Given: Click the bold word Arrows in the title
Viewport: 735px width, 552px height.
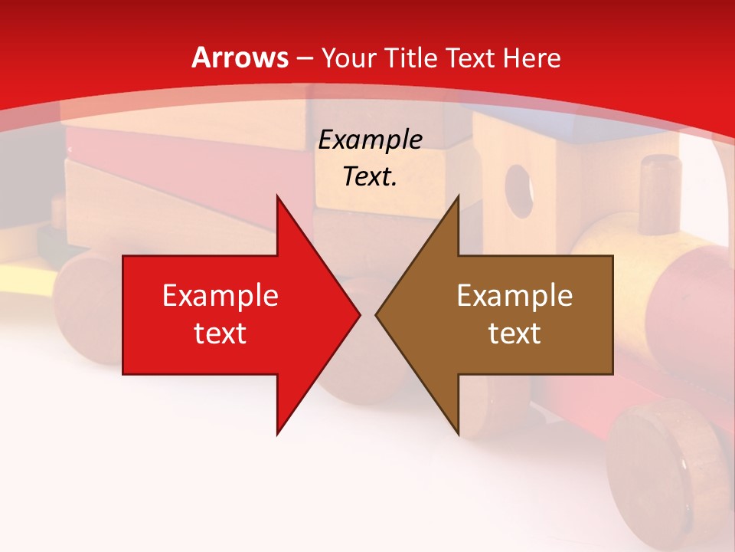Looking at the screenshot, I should click(240, 58).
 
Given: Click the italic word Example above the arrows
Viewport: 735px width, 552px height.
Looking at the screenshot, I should click(370, 140).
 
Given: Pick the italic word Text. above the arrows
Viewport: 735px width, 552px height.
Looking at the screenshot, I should click(370, 176).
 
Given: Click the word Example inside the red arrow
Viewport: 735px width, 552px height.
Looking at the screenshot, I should click(220, 296).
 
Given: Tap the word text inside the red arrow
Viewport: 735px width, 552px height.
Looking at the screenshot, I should click(220, 333).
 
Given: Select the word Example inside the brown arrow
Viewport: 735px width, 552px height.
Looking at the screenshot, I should click(514, 296).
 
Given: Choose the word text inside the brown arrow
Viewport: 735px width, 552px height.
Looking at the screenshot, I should click(514, 333).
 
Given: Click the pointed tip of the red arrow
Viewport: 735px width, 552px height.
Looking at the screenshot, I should click(359, 315).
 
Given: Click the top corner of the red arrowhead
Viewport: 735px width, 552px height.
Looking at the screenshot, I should click(277, 196).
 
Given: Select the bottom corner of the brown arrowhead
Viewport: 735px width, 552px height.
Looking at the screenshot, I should click(458, 435).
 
